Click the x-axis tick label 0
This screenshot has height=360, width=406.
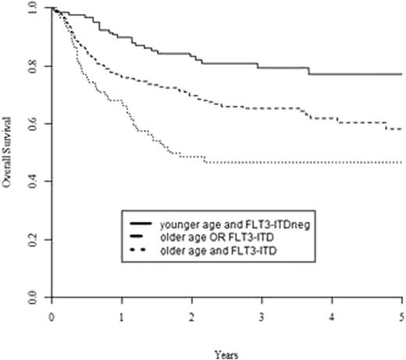(x=51, y=318)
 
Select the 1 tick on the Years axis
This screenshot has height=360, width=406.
(x=121, y=318)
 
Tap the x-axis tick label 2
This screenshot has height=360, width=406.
(x=191, y=318)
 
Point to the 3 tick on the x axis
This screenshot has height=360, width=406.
(x=262, y=318)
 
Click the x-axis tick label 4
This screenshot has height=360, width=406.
(x=332, y=318)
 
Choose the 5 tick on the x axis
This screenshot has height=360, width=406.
(x=401, y=318)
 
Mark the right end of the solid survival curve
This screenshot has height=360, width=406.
(x=401, y=74)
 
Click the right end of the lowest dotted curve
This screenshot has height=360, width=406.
(x=401, y=162)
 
